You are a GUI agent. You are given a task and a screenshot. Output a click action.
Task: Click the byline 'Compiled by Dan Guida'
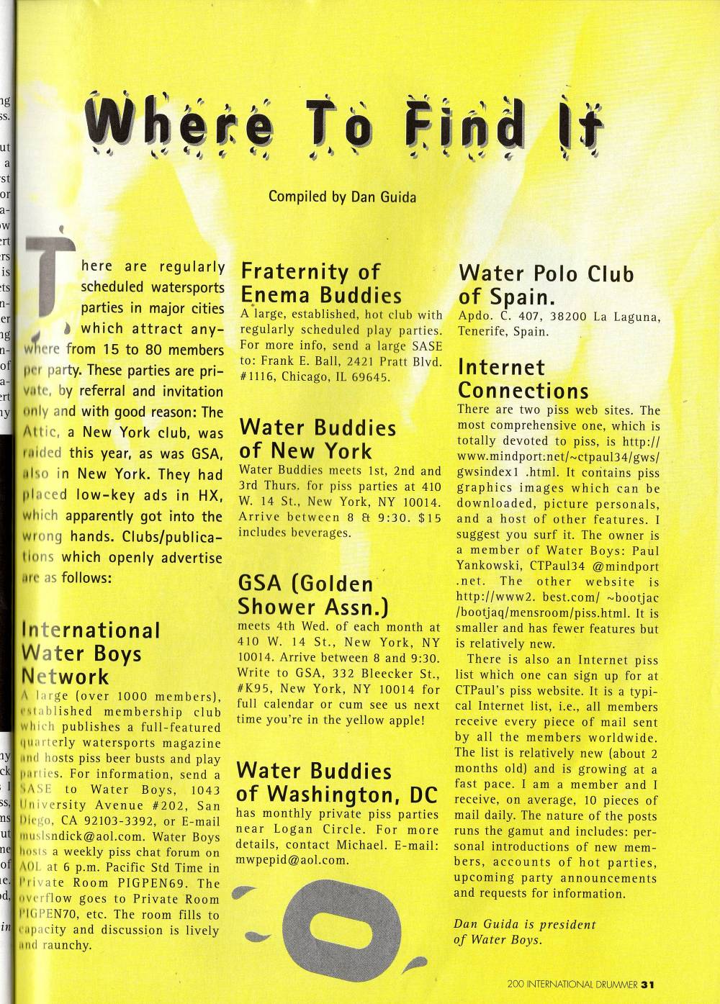[x=341, y=196]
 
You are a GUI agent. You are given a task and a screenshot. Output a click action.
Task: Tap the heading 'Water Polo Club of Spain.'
[x=546, y=285]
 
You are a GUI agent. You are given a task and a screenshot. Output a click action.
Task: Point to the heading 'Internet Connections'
[x=523, y=379]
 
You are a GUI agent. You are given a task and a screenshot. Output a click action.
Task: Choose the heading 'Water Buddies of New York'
[x=317, y=440]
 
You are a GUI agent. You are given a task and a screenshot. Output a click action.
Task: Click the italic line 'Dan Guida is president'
[x=525, y=924]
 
